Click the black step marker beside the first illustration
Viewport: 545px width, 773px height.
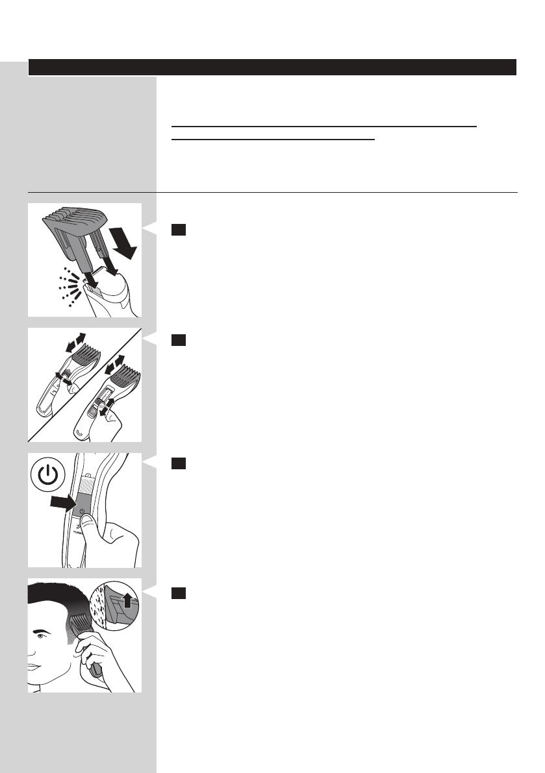pyautogui.click(x=179, y=230)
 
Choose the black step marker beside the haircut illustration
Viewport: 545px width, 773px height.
pyautogui.click(x=179, y=593)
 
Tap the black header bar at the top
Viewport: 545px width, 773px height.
pyautogui.click(x=272, y=67)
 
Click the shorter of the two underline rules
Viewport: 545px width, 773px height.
pyautogui.click(x=273, y=139)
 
